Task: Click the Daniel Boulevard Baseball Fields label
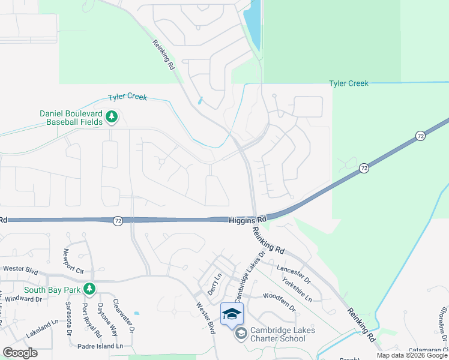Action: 71,118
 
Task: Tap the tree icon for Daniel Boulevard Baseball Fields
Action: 111,116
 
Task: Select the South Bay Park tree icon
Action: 89,290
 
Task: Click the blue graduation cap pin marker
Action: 232,313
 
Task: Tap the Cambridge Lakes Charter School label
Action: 278,334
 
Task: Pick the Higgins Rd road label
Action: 243,221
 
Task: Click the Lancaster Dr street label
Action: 294,273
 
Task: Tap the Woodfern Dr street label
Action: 280,302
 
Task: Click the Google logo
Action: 20,353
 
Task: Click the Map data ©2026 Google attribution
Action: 412,355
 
